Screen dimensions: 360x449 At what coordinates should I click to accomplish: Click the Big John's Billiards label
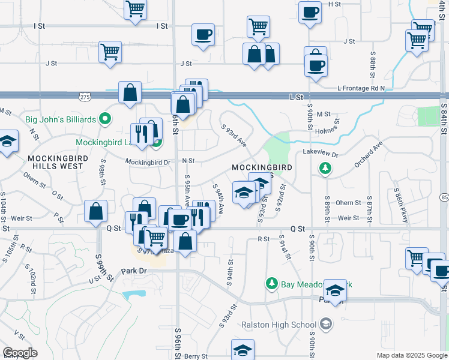click(61, 119)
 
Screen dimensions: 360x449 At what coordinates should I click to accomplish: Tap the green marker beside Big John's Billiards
click(105, 119)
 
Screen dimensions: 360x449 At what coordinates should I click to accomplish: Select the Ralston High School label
click(279, 325)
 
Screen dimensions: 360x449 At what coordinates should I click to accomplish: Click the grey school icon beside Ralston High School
click(325, 325)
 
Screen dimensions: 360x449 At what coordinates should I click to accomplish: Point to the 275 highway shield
click(85, 96)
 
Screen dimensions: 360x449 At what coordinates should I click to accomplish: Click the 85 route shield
click(444, 197)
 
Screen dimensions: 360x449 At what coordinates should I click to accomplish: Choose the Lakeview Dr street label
click(321, 154)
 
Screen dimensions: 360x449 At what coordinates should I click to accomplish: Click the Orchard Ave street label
click(368, 154)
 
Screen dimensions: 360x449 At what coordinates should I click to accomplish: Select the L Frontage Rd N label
click(360, 88)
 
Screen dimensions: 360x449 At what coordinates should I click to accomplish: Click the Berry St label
click(196, 356)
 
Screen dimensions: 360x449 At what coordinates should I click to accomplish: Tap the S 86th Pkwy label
click(402, 206)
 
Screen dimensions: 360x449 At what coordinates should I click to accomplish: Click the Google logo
click(20, 352)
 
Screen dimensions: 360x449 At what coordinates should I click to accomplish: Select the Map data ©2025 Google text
click(411, 356)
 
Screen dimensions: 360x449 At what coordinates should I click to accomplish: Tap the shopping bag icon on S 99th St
click(96, 211)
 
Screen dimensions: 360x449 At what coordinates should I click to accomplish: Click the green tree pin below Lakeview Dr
click(325, 169)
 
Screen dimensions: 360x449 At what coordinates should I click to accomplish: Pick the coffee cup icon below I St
click(203, 34)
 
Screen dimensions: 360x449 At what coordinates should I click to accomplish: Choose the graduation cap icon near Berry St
click(243, 350)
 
